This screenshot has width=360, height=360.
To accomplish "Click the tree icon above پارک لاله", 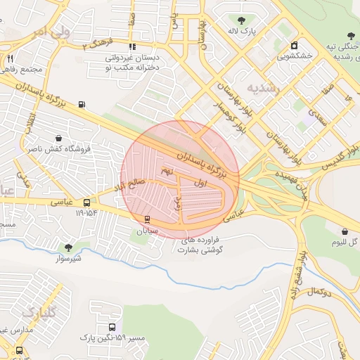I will pyautogui.click(x=243, y=20).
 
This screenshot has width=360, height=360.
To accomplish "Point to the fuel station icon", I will pyautogui.click(x=82, y=104).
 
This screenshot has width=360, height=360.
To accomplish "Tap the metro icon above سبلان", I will pyautogui.click(x=147, y=219).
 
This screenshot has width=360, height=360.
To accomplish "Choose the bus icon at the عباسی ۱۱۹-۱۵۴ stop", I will pyautogui.click(x=86, y=202).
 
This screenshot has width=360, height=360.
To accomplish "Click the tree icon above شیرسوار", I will pyautogui.click(x=68, y=247).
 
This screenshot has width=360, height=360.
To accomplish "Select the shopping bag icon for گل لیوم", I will pyautogui.click(x=345, y=231).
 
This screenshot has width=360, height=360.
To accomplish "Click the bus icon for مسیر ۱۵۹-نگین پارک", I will pyautogui.click(x=112, y=328).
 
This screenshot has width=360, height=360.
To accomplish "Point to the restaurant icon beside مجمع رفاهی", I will pyautogui.click(x=10, y=58).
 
